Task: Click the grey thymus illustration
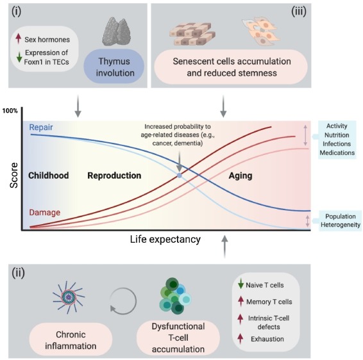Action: [117, 31]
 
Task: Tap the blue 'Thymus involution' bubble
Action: [114, 67]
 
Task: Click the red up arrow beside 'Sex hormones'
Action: [19, 38]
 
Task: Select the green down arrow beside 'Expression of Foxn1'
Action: [19, 57]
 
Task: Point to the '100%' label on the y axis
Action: [10, 111]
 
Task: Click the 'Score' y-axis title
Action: [14, 175]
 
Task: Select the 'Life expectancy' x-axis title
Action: [165, 240]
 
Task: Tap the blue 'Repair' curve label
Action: [41, 127]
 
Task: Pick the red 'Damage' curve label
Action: [45, 213]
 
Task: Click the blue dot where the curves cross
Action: [180, 176]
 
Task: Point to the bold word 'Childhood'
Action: [48, 176]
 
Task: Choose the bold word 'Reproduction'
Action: [114, 176]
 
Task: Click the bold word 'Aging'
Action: [241, 176]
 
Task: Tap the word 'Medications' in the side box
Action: [337, 153]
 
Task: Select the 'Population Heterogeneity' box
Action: [340, 220]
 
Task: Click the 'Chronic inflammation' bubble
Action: [71, 340]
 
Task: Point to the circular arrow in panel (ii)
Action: [123, 301]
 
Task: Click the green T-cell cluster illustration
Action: [175, 295]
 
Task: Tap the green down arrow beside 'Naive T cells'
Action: [241, 284]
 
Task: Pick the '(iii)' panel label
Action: [299, 12]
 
